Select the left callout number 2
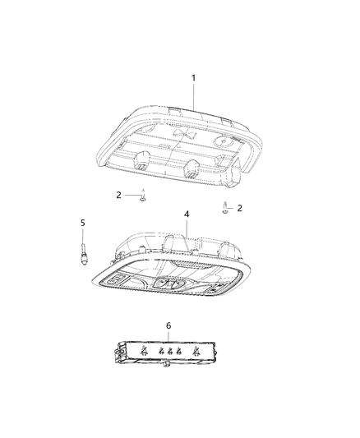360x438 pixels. [118, 195]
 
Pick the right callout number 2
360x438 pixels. [240, 208]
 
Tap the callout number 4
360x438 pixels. [187, 214]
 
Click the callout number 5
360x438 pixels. [82, 222]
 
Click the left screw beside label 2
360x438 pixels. [142, 198]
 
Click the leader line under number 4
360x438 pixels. [186, 226]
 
